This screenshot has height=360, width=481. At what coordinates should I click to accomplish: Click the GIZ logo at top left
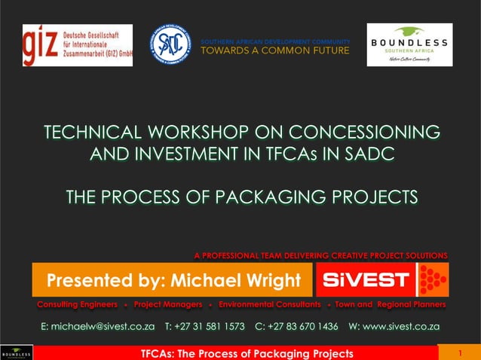tap(77, 44)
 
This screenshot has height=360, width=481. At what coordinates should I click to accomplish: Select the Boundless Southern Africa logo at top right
tap(409, 44)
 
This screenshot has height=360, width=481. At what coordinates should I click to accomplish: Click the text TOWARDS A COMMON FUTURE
tap(274, 50)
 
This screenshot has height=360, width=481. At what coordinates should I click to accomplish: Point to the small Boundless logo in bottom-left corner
tap(16, 352)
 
